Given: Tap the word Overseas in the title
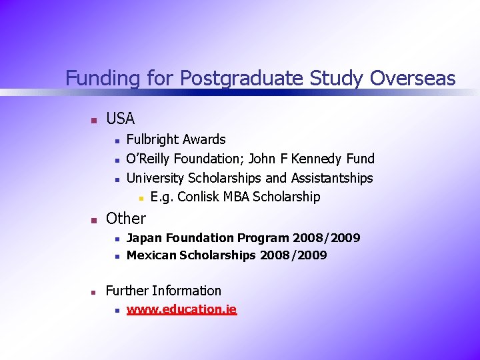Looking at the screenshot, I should pos(413,79).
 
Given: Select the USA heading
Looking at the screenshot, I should pos(120,119).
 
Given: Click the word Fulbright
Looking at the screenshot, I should pos(153,139).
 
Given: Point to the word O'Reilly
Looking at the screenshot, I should pos(149,159).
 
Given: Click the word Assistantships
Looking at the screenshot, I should pos(328,178).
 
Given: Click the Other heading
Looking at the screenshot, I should pos(125,218).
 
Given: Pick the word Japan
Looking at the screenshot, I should pos(144,237).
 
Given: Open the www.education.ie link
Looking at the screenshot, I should pos(181,309).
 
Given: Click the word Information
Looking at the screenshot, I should pos(186,291).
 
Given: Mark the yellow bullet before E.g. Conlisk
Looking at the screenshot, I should pos(141,198).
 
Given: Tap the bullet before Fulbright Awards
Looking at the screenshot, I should pos(116,141).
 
